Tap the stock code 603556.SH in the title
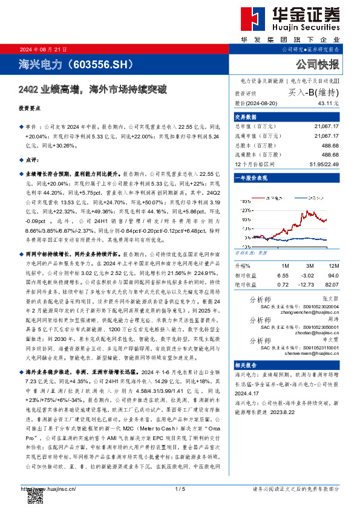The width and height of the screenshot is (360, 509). (x=97, y=63)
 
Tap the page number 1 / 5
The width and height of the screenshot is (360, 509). (x=179, y=488)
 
